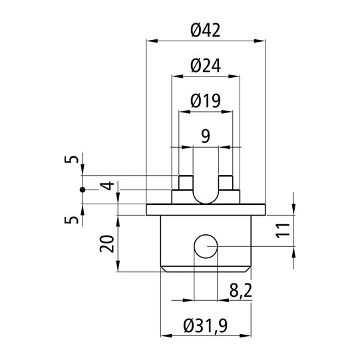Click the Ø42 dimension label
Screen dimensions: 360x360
205,30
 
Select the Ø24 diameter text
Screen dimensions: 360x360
205,65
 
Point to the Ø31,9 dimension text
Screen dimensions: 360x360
205,325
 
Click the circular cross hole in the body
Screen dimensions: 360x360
205,247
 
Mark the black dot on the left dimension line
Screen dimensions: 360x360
83,190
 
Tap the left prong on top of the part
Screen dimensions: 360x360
185,182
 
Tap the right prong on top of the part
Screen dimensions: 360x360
226,182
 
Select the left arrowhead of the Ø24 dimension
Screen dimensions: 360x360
175,77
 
